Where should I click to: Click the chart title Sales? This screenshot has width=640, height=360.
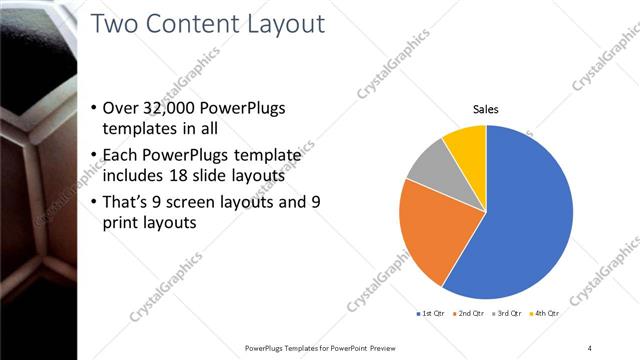[486, 109]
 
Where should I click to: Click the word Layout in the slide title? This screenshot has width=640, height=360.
[280, 24]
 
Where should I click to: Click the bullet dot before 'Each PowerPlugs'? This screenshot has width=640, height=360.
[93, 155]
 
